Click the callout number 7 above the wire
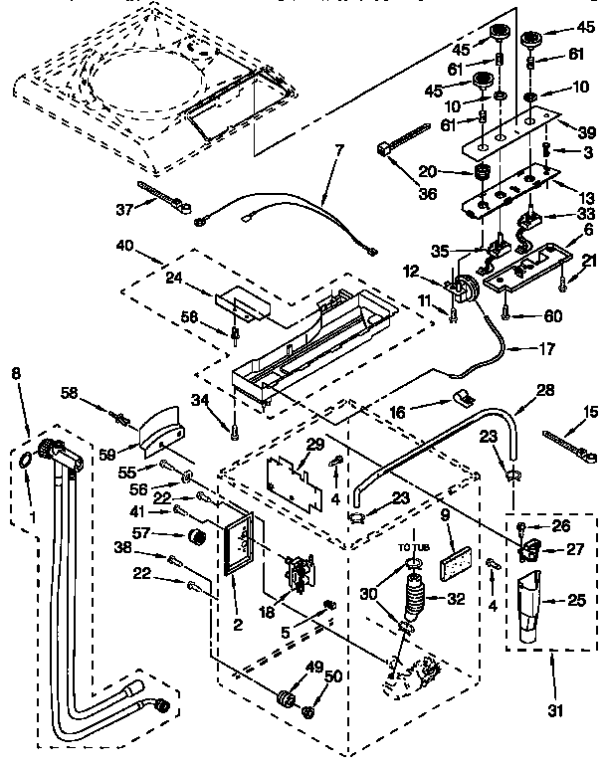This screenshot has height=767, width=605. [x=339, y=150]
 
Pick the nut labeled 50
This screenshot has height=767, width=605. [x=308, y=711]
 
